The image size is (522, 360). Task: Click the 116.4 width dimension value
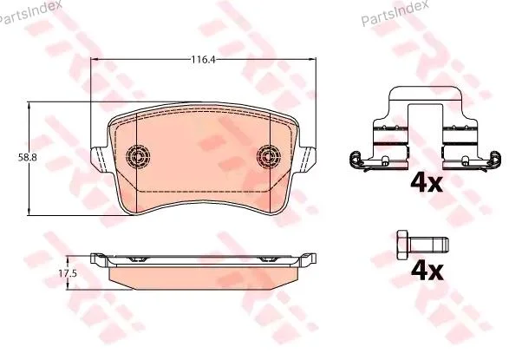pyautogui.click(x=204, y=60)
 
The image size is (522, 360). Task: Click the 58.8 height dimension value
pyautogui.click(x=27, y=158)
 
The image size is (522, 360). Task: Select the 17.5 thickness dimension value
pyautogui.click(x=68, y=274)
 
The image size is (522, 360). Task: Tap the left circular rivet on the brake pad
pyautogui.click(x=138, y=155)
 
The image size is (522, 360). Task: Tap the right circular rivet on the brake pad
pyautogui.click(x=268, y=155)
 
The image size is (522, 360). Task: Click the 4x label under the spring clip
pyautogui.click(x=427, y=183)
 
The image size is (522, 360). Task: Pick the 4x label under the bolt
pyautogui.click(x=427, y=271)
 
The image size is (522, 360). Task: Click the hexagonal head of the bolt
pyautogui.click(x=403, y=245)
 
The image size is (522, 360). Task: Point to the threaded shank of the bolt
pyautogui.click(x=428, y=245)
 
